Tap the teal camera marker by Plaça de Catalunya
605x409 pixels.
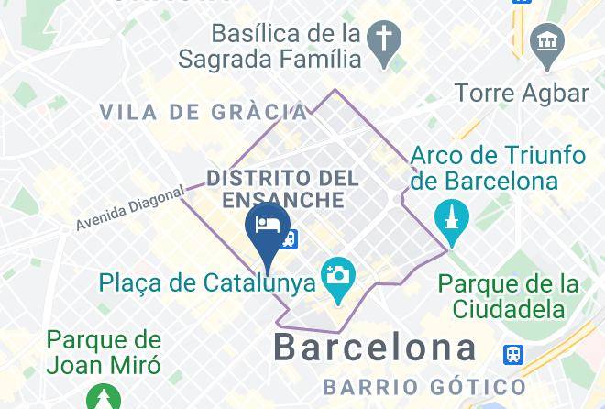pos(337,275)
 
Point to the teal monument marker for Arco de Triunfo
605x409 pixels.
pos(452,218)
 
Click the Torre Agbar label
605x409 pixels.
pos(522,93)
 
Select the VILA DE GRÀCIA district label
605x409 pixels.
pos(203,112)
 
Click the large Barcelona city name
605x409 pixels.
pos(376,348)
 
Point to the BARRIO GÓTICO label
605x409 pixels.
pos(423,386)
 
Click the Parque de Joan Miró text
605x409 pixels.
pos(104,353)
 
